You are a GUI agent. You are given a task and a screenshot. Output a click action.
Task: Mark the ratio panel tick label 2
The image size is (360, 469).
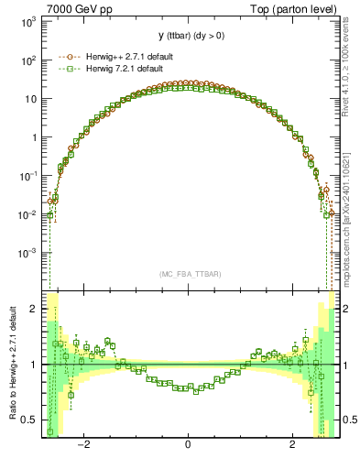34,310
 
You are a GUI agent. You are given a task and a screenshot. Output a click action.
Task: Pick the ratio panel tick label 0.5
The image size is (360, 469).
29,420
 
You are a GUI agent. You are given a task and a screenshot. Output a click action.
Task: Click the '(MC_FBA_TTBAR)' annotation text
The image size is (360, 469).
189,274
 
